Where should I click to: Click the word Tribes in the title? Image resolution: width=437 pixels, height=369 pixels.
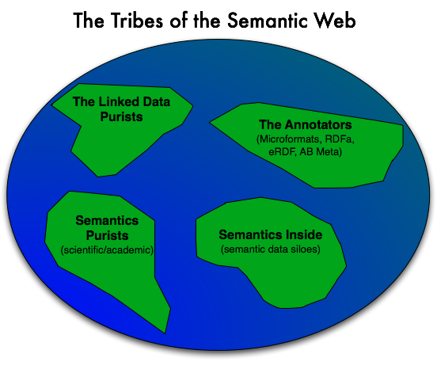[x=136, y=21]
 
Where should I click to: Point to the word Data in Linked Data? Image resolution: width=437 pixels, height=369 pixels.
[x=156, y=101]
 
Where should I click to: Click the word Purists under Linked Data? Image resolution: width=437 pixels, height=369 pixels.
[x=121, y=116]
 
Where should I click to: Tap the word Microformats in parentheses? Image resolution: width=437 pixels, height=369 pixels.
[x=288, y=139]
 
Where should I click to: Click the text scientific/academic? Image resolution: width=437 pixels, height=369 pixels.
[x=107, y=249]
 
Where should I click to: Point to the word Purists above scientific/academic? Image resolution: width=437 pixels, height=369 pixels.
[x=108, y=236]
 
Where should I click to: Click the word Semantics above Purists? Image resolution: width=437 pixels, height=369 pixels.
[x=107, y=220]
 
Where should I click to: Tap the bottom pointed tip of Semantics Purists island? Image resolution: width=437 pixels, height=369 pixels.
[x=165, y=333]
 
